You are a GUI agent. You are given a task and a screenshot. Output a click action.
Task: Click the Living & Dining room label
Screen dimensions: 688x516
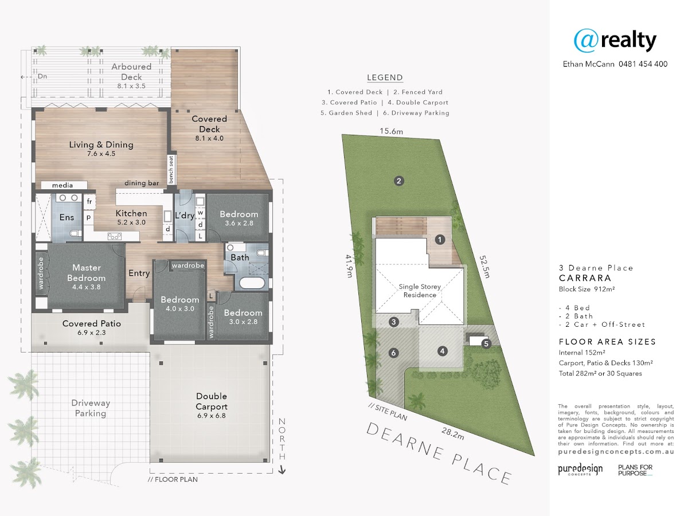tap(101, 144)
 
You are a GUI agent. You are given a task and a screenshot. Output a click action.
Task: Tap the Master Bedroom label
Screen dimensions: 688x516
tap(87, 273)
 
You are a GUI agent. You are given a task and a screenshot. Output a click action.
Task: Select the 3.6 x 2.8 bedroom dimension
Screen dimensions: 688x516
tap(239, 223)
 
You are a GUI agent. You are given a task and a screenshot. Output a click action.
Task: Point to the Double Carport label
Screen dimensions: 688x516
tap(212, 401)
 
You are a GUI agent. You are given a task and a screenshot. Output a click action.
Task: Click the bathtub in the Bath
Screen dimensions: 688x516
tap(252, 282)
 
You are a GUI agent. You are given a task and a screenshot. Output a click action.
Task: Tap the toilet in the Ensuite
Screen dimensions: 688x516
tap(75, 233)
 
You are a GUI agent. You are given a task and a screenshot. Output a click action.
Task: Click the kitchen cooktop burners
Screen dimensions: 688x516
tap(115, 236)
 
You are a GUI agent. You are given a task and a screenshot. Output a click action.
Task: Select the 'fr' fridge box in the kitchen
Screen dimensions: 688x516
tap(89, 201)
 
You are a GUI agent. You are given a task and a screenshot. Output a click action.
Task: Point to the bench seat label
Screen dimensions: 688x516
tap(171, 170)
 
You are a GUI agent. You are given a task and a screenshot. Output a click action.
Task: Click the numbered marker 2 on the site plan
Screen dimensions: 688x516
tap(398, 181)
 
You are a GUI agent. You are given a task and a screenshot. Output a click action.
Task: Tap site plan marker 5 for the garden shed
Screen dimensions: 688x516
tap(486, 343)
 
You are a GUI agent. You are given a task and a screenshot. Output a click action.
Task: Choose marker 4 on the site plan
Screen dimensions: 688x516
tap(442, 351)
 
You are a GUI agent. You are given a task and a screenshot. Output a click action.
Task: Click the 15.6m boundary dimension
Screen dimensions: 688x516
tap(391, 131)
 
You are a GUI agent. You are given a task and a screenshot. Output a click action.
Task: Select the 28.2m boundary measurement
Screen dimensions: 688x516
tap(452, 433)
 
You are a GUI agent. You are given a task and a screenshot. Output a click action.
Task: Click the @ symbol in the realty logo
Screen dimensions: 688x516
tap(586, 41)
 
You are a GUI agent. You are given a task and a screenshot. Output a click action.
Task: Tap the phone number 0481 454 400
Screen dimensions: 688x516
tap(643, 64)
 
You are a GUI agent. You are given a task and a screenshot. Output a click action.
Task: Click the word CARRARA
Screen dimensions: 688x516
tap(585, 278)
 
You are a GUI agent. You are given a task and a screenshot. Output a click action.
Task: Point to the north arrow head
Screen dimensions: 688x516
tap(282, 470)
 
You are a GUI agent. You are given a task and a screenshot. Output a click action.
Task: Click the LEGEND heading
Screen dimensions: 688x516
tap(385, 77)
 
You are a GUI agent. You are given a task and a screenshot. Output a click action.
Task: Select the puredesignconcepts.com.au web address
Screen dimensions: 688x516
tap(616, 451)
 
